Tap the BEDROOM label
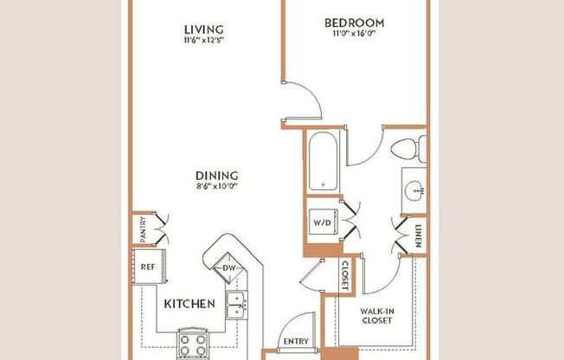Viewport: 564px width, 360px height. [x=354, y=22]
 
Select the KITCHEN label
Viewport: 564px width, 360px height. [x=189, y=304]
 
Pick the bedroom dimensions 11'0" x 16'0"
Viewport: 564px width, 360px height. [x=354, y=35]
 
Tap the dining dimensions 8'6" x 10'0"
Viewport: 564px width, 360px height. [x=215, y=185]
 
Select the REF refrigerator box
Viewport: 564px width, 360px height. [x=147, y=267]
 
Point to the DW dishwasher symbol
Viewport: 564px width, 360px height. [x=228, y=268]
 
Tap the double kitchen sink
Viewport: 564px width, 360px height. [x=234, y=301]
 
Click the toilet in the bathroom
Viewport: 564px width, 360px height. [x=407, y=149]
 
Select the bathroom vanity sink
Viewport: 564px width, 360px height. [x=413, y=188]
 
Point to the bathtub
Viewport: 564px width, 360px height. [x=323, y=162]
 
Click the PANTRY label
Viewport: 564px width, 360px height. [x=144, y=229]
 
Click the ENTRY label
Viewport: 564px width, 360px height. [x=295, y=342]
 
